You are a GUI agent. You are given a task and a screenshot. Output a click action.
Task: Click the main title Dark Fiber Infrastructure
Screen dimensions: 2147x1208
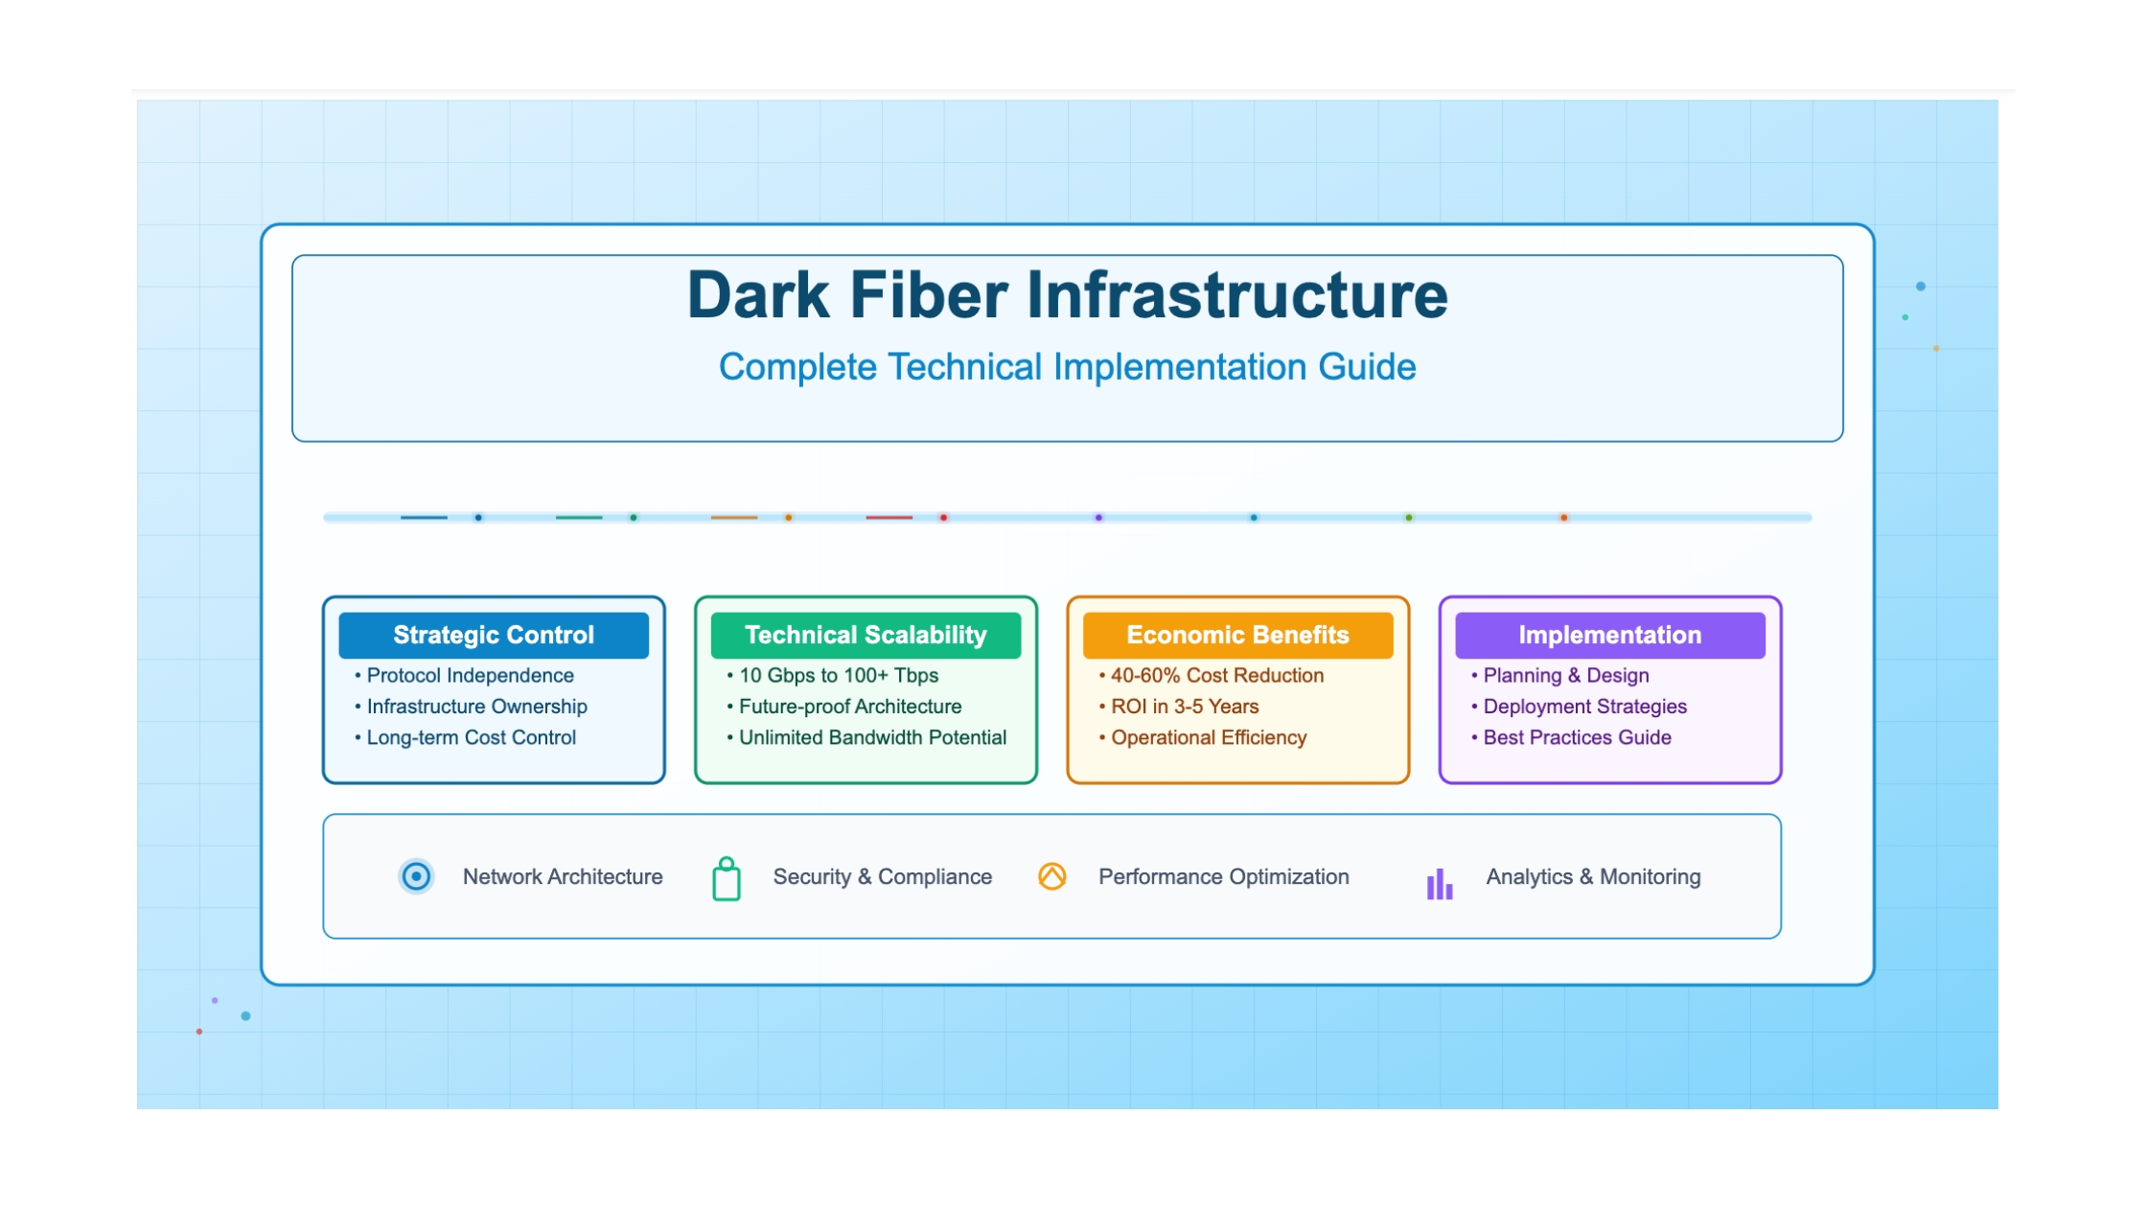(1067, 294)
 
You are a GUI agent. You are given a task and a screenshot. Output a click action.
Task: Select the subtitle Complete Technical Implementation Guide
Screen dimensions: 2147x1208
(1067, 367)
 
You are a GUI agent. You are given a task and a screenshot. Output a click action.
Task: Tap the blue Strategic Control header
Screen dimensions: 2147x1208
(494, 635)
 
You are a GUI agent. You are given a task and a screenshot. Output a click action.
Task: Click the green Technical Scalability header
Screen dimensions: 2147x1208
(866, 635)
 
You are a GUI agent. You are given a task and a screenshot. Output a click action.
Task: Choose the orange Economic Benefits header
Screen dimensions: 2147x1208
(1237, 635)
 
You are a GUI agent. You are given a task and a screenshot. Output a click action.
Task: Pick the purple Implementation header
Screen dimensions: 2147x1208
(1610, 635)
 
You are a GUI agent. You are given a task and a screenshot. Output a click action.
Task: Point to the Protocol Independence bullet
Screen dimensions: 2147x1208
(465, 676)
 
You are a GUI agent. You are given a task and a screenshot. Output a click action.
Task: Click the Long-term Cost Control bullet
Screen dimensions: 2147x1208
(466, 737)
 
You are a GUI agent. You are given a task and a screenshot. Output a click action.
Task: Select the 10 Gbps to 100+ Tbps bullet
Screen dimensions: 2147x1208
(833, 676)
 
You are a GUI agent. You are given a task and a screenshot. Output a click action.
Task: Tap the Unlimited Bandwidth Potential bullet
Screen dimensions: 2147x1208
(866, 737)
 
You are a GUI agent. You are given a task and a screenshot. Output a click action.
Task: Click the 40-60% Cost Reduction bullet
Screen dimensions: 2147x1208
(1212, 676)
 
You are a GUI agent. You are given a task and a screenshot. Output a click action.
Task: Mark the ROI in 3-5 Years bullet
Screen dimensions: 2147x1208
(1179, 707)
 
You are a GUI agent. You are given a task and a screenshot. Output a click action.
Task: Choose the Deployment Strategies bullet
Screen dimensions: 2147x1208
(1580, 707)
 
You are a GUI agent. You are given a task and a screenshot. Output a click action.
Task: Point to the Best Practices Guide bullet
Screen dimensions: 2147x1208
(1572, 737)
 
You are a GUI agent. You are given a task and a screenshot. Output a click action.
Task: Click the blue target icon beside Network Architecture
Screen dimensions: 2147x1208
(416, 876)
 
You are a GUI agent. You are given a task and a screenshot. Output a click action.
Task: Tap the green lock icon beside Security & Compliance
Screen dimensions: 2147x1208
(727, 878)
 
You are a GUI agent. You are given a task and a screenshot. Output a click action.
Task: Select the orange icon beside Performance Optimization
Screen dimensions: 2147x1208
(1052, 876)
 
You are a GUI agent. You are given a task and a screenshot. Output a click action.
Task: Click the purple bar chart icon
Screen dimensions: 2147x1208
(1440, 884)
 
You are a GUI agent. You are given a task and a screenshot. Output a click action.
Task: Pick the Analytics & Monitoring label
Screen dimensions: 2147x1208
(1593, 876)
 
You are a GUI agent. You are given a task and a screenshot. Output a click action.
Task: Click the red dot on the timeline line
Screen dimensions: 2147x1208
(944, 518)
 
